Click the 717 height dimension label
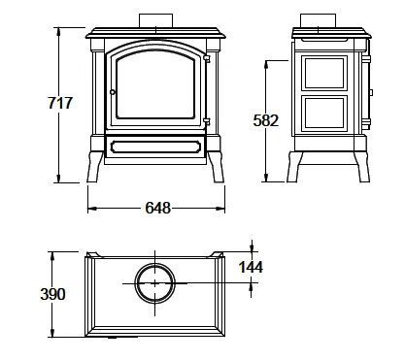[x=60, y=103]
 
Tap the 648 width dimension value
[x=157, y=208]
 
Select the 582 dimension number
[x=265, y=120]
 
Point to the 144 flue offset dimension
[x=251, y=267]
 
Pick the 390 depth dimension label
[x=52, y=294]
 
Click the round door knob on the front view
[x=113, y=92]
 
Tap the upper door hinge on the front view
[x=207, y=59]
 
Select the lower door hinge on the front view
[x=207, y=121]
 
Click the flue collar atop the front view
[x=155, y=20]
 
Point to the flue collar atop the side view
[x=318, y=20]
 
